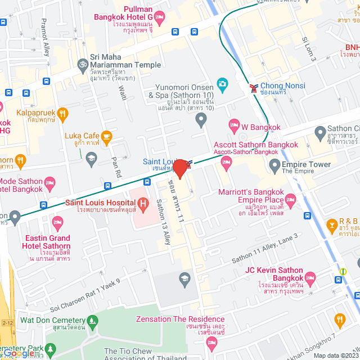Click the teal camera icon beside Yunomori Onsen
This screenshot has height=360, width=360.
(223, 84)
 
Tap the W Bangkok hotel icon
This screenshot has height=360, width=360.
(234, 125)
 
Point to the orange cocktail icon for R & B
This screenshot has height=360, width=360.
(332, 227)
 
